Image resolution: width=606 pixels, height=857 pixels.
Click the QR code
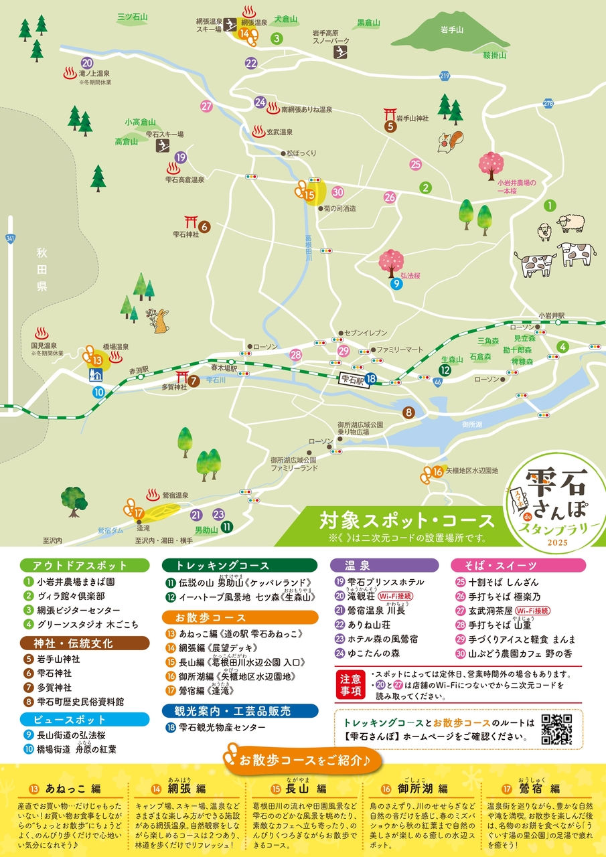pos(556,730)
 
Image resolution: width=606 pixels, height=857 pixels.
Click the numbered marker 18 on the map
pos(371,380)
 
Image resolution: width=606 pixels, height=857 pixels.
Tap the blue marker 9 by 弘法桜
pos(396,284)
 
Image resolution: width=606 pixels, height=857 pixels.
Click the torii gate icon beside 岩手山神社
pos(388,113)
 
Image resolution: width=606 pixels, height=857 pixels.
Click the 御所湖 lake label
pos(471,424)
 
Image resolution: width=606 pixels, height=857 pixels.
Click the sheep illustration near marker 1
pos(571,223)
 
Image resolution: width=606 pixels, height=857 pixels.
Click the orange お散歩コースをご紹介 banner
pos(303,760)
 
